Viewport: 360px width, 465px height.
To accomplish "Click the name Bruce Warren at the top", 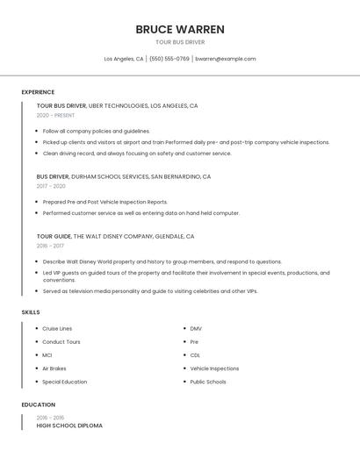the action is [x=180, y=29].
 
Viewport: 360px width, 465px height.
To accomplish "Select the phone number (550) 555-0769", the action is [x=169, y=59].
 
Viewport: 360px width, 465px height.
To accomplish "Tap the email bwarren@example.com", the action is [x=226, y=59].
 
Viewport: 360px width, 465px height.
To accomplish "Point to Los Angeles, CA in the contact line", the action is [x=124, y=59].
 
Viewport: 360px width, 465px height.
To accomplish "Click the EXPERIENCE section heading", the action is [x=38, y=92].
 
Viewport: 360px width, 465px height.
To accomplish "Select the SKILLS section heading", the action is [x=30, y=312].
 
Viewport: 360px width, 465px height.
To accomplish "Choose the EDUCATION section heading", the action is [x=39, y=404].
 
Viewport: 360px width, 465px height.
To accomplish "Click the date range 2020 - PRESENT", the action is [x=55, y=115].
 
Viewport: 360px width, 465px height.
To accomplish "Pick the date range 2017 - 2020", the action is [x=51, y=186].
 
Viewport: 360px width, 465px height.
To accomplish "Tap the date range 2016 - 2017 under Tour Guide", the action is [x=50, y=246].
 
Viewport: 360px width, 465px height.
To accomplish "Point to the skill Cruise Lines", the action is [x=57, y=328].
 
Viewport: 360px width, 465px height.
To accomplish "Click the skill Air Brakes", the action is [x=54, y=368].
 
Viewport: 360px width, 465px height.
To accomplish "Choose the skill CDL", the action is [x=195, y=355].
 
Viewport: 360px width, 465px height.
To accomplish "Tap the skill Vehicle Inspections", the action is [x=214, y=368].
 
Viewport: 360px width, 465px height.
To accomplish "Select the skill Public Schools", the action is [x=208, y=382].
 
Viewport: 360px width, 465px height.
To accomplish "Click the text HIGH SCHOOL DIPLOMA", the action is [x=69, y=426].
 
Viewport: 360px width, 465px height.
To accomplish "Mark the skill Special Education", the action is [x=65, y=382].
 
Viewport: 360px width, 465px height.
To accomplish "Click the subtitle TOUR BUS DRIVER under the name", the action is [x=180, y=42].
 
